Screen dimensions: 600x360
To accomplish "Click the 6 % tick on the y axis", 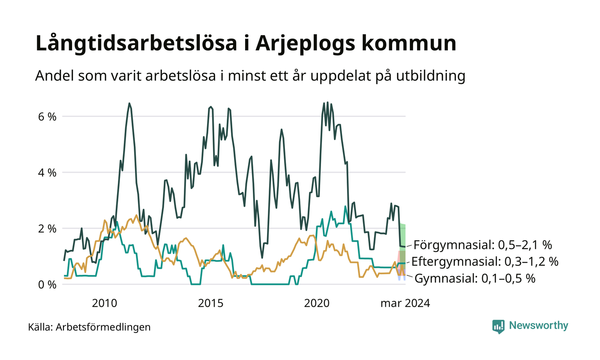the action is tap(48, 117).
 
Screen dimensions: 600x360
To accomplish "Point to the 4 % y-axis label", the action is tap(48, 173).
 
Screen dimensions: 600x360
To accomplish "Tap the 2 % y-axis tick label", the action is tap(48, 229).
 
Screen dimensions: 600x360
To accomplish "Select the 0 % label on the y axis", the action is tap(48, 285).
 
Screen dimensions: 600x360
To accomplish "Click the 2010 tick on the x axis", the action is tap(105, 303).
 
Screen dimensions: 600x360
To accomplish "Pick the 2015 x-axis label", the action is tap(210, 303).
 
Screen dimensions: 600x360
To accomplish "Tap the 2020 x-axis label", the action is tap(317, 303).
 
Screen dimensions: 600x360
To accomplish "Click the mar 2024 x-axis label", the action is tap(405, 303).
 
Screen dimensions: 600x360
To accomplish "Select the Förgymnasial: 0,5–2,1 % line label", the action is tap(483, 245).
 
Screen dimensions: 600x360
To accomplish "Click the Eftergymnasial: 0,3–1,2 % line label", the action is tap(485, 261).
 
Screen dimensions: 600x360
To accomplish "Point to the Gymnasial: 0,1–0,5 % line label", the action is tap(475, 279).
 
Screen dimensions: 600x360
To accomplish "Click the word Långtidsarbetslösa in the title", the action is tap(136, 43).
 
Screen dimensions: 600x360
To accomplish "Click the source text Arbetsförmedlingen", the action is tap(103, 327).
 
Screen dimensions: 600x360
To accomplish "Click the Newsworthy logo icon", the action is tap(498, 327).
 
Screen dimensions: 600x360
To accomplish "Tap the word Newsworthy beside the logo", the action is tap(538, 325).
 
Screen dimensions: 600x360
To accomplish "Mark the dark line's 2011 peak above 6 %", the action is tap(129, 103).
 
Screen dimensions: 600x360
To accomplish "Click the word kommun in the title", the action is tap(409, 43).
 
